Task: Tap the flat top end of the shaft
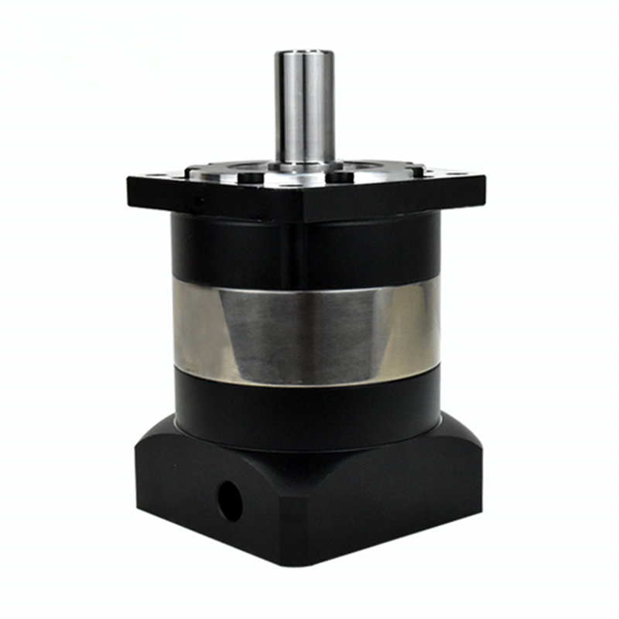click(304, 53)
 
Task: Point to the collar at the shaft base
click(304, 164)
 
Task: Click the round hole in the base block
click(230, 501)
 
